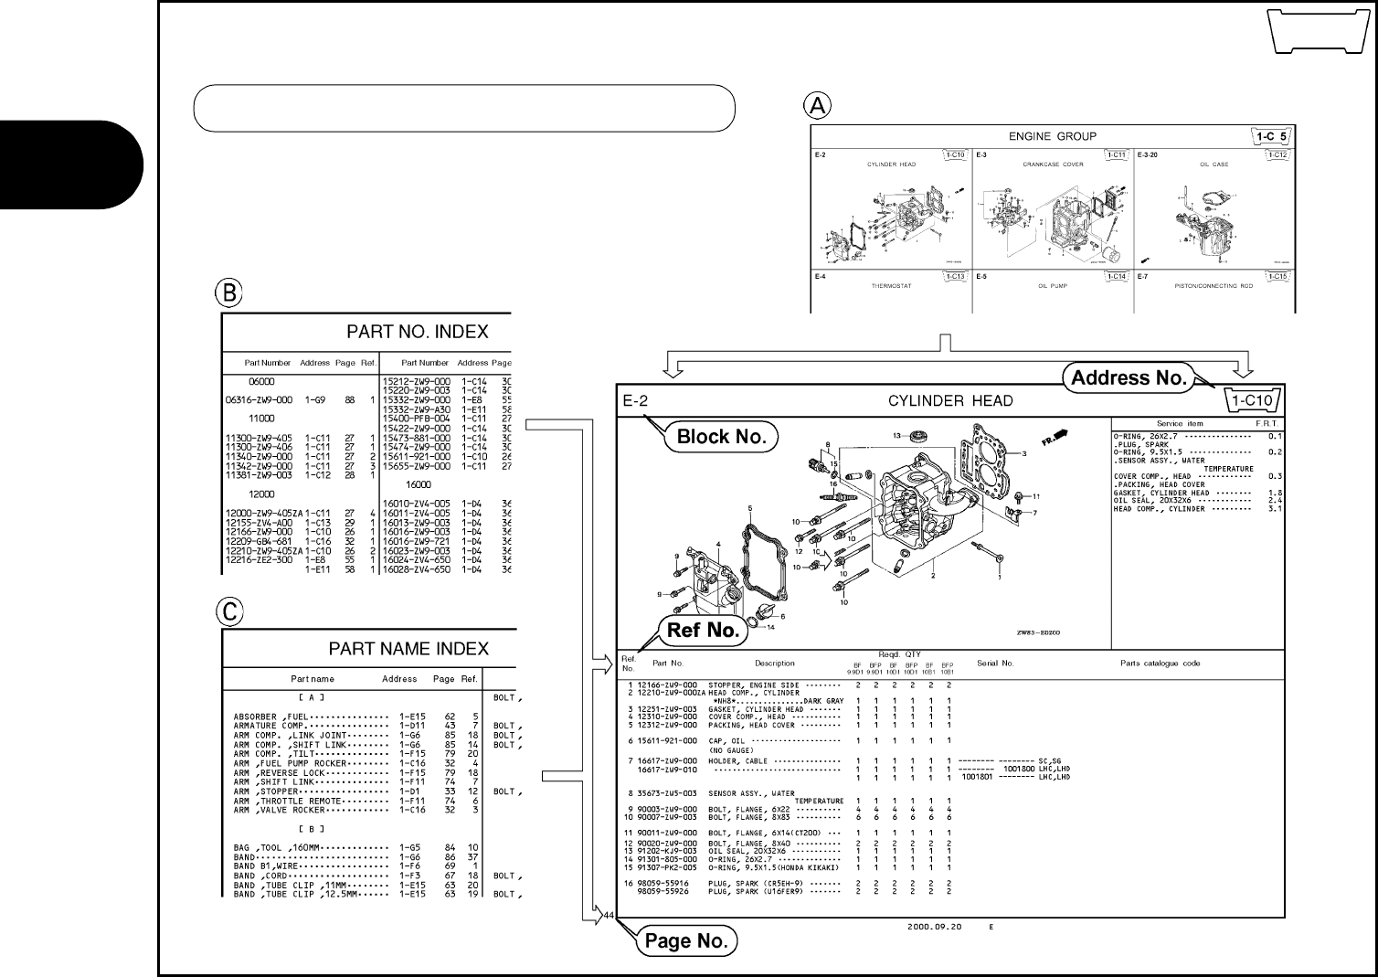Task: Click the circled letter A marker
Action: click(817, 105)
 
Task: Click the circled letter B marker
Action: click(228, 292)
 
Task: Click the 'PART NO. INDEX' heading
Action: click(417, 332)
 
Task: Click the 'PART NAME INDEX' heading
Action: click(408, 649)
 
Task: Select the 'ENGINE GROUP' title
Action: click(1052, 137)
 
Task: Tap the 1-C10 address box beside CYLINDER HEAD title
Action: click(1251, 400)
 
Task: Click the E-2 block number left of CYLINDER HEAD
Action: click(635, 401)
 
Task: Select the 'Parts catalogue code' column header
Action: click(1161, 664)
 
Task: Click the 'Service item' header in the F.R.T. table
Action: click(1180, 424)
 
